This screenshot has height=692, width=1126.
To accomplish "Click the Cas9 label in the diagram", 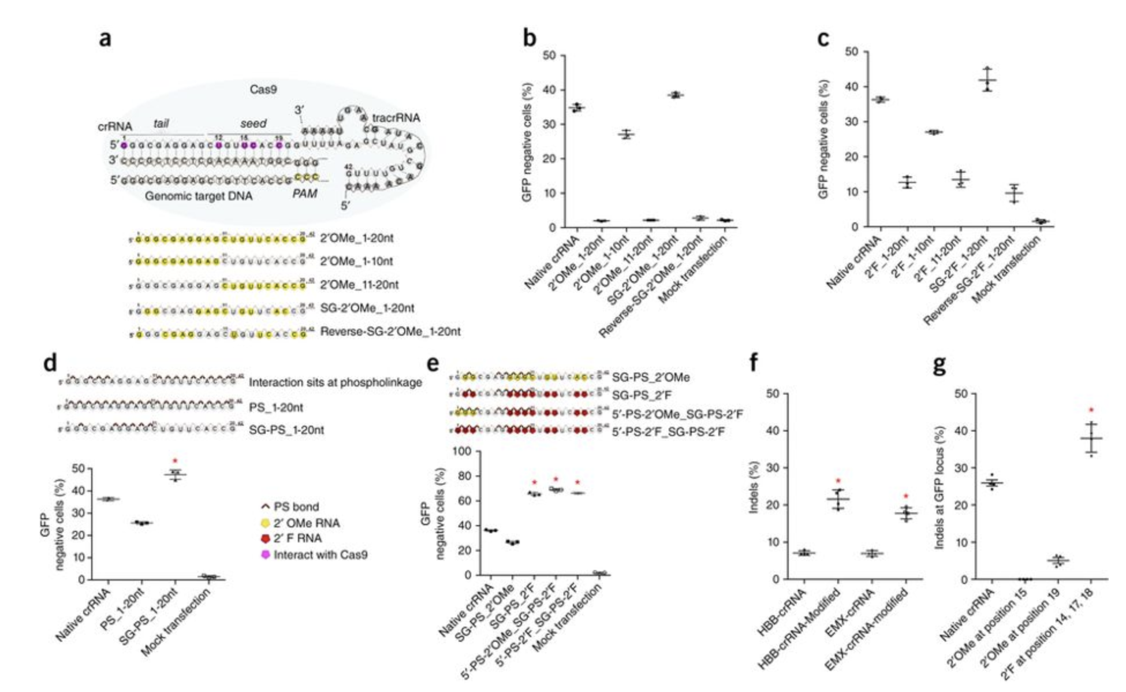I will coord(263,90).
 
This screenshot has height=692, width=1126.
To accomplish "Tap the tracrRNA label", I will coord(396,118).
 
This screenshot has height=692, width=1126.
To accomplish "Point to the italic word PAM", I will coord(304,194).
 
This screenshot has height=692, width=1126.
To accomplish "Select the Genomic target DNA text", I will coord(198,196).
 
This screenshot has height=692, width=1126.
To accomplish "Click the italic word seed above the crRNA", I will coord(253,123).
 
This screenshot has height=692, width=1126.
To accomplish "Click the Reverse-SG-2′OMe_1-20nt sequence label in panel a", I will coord(390,332).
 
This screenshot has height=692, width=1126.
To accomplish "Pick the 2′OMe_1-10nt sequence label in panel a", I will coord(356,261).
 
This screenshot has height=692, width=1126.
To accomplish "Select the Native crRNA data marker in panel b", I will coord(576,107).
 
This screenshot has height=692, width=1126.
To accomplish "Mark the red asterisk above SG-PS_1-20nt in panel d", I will coord(175,462).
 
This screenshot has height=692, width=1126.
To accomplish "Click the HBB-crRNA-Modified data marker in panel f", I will coord(838,499).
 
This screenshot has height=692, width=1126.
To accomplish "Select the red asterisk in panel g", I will coord(1091,411).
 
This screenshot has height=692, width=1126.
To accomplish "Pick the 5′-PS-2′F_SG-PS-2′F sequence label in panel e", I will coord(668,431).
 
